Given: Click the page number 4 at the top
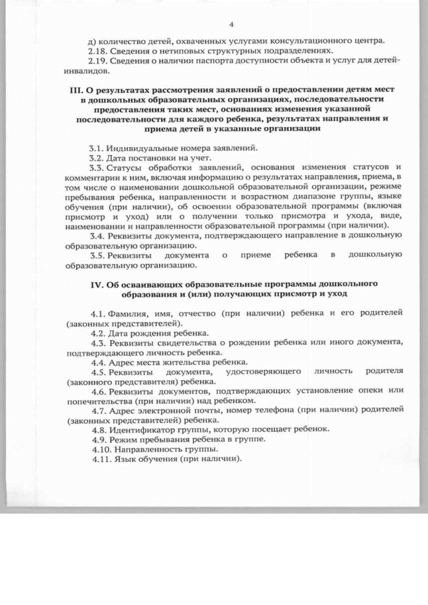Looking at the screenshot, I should pyautogui.click(x=231, y=25).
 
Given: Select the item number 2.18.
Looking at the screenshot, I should pyautogui.click(x=98, y=51).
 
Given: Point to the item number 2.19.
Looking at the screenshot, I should pyautogui.click(x=98, y=61).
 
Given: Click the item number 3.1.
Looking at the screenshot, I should pyautogui.click(x=97, y=148).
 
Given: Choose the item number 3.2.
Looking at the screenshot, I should pyautogui.click(x=97, y=157).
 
